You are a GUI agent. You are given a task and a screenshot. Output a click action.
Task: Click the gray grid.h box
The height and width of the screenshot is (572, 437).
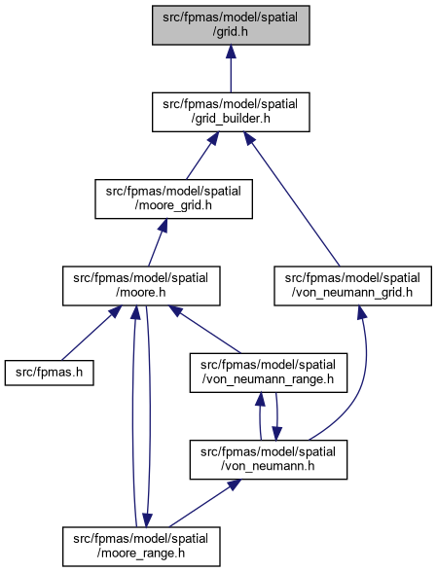[231, 25]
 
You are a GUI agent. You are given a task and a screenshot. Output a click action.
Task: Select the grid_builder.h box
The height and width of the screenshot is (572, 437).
[231, 112]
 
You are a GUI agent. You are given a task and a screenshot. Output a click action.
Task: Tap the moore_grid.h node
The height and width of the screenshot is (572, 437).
[174, 198]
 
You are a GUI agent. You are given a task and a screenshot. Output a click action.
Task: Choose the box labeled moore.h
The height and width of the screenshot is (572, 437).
[141, 286]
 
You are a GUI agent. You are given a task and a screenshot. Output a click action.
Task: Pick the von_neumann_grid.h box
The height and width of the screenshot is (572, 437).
[352, 286]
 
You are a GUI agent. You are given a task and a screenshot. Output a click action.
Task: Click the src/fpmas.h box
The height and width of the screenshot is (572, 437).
[50, 373]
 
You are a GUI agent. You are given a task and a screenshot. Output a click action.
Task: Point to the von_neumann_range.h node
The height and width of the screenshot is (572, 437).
[269, 373]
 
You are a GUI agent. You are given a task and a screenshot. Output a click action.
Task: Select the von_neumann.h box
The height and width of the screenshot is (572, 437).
[269, 459]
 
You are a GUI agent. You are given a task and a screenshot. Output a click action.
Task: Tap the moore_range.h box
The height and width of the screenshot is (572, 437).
[141, 547]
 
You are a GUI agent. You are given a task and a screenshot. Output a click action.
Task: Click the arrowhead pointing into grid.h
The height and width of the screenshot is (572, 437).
[231, 52]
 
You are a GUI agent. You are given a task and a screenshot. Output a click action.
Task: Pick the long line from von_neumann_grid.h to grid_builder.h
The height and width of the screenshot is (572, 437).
[291, 199]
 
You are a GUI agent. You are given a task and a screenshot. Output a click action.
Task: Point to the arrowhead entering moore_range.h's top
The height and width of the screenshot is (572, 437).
[147, 520]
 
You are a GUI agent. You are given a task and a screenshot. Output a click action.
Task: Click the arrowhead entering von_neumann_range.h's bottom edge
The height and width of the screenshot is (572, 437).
[260, 400]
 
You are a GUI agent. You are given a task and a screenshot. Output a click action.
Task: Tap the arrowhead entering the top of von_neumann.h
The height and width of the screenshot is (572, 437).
[276, 434]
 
